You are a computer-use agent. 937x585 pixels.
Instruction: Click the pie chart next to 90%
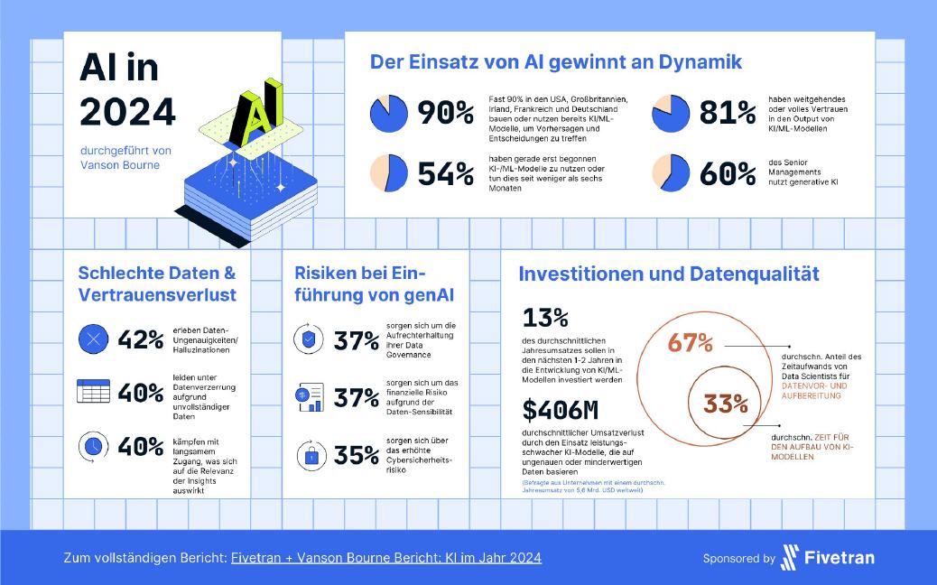point(389,113)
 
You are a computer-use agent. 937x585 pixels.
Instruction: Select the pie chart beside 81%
point(672,112)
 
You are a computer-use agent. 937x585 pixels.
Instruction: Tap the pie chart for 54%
point(389,172)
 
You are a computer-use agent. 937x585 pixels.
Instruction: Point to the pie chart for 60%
point(672,172)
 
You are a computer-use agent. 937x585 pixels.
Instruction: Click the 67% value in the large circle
point(691,343)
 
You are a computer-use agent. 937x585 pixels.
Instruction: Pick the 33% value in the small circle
point(726,403)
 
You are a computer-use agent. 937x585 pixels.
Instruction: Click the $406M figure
point(561,411)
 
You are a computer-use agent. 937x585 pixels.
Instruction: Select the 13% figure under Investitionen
point(545,318)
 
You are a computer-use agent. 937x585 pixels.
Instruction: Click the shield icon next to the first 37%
point(311,340)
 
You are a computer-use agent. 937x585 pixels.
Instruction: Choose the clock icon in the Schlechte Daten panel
point(93,446)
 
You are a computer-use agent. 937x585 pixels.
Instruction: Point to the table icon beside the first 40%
point(93,392)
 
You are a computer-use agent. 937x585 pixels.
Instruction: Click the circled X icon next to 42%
point(93,340)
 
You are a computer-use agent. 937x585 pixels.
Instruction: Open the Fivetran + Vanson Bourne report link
point(386,558)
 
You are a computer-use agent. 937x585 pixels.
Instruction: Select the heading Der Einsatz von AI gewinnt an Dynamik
point(556,62)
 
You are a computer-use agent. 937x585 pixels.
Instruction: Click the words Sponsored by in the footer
point(738,559)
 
